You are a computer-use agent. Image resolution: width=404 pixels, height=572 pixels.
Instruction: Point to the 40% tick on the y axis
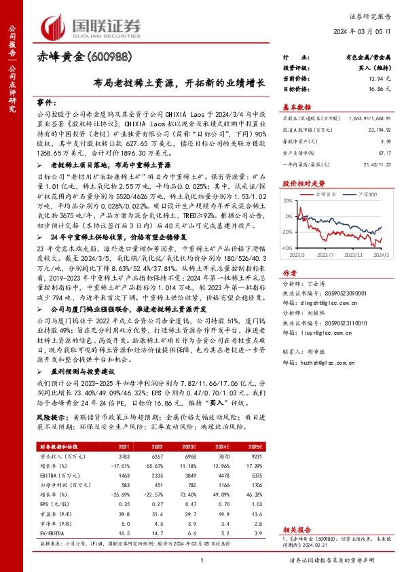click(x=288, y=202)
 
